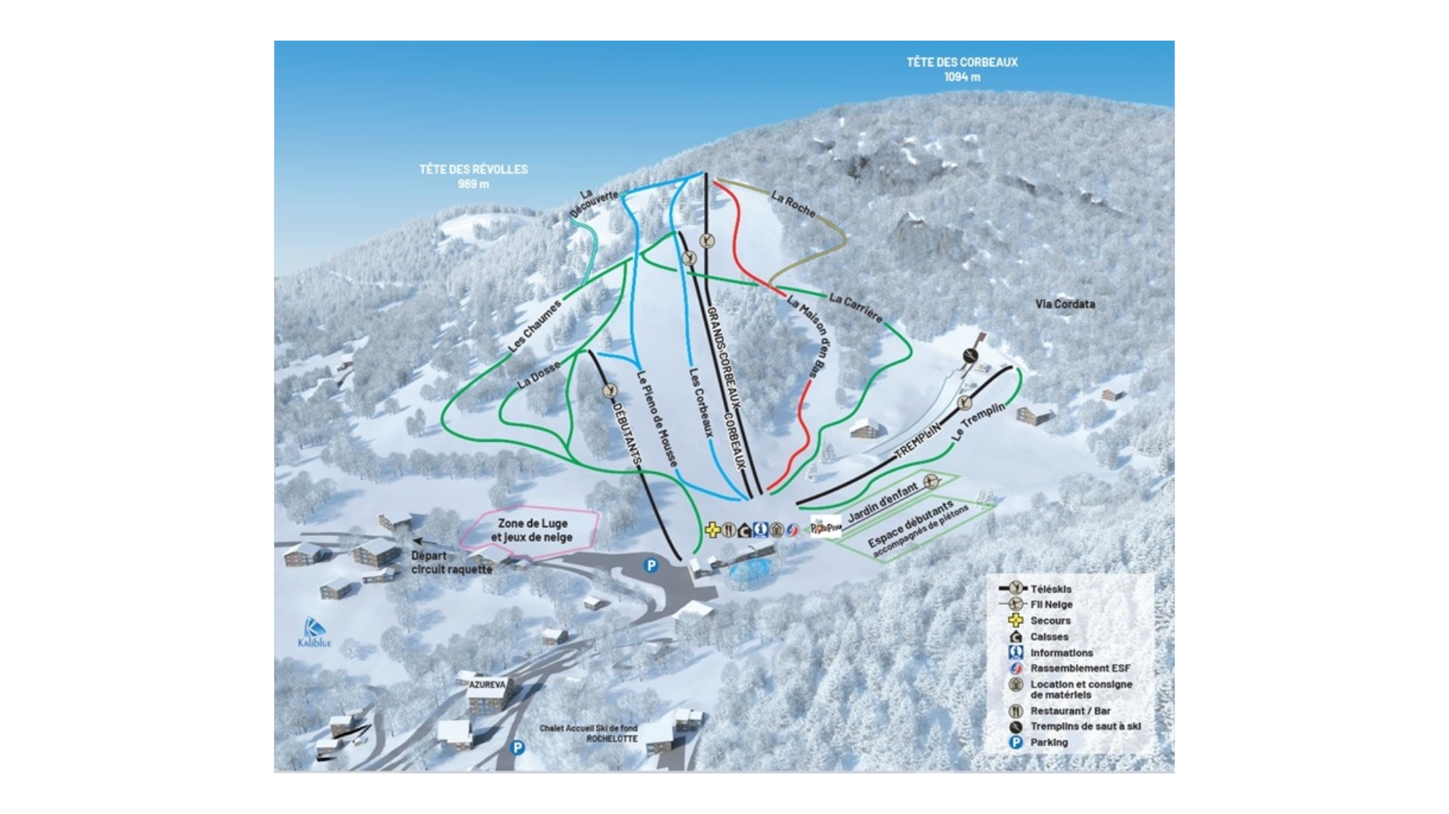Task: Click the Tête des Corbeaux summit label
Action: click(x=962, y=69)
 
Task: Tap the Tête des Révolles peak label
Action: click(x=474, y=176)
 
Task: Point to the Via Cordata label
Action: click(x=1064, y=304)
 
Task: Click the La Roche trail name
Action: click(x=793, y=203)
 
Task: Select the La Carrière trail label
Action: click(x=855, y=307)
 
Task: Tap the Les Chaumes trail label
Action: click(x=535, y=326)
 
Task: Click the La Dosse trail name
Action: click(x=539, y=375)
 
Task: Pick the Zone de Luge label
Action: click(x=532, y=530)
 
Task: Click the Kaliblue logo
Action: click(x=314, y=633)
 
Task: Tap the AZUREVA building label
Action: click(x=487, y=685)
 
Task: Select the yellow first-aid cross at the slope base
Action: click(x=712, y=530)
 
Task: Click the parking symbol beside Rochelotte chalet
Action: click(x=517, y=748)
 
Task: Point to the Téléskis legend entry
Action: click(x=1050, y=589)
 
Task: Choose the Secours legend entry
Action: click(x=1050, y=621)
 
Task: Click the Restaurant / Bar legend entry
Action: click(x=1070, y=711)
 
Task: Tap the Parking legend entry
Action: click(x=1049, y=742)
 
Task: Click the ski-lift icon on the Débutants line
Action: click(x=610, y=391)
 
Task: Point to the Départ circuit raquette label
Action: click(x=451, y=563)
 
